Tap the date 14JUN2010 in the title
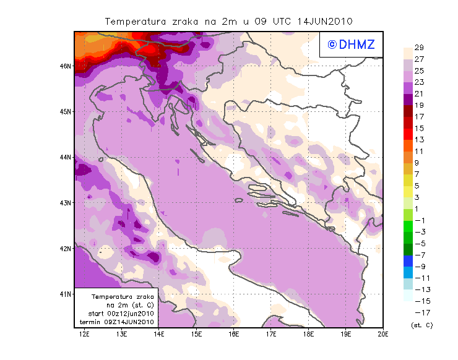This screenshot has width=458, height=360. (325, 21)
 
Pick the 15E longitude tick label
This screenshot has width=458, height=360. (197, 334)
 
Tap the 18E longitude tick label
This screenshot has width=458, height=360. (308, 334)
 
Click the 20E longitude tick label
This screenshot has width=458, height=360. (382, 334)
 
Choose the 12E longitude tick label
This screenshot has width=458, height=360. (85, 334)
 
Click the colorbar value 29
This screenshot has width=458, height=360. (419, 48)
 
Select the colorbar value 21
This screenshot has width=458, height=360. (419, 93)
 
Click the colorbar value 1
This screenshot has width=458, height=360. (419, 208)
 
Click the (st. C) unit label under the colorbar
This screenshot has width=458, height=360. (421, 325)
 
